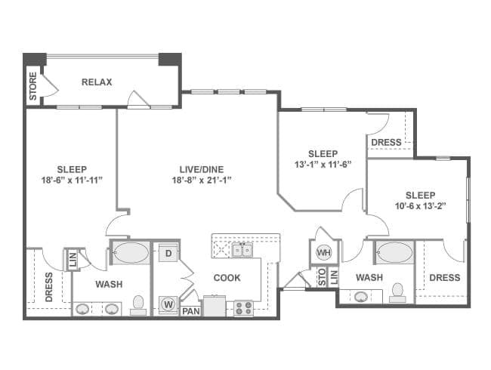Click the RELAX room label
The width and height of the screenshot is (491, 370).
tap(97, 82)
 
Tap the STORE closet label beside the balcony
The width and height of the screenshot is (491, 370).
tap(33, 86)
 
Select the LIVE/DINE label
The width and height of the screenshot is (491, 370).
tap(202, 169)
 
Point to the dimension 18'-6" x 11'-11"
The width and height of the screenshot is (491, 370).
tap(72, 180)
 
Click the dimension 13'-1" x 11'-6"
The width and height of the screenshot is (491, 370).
tap(323, 165)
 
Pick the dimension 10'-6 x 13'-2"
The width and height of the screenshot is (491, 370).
tap(420, 206)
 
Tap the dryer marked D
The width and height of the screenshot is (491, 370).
tap(168, 253)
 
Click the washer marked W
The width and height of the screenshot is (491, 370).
tap(168, 304)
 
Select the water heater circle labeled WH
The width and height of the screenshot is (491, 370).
tap(323, 252)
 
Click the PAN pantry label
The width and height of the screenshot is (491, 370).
tap(191, 311)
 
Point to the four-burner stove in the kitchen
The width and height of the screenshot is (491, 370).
tap(244, 308)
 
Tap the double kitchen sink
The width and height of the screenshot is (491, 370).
tap(242, 251)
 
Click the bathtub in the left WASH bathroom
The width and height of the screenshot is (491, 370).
tap(131, 252)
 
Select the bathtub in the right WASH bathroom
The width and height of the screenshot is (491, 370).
tap(394, 252)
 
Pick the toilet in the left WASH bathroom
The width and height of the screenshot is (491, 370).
tap(138, 305)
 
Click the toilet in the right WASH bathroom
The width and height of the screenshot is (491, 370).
tap(397, 292)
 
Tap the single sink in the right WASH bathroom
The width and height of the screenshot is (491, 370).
tap(361, 297)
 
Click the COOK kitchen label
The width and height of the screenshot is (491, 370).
tap(227, 278)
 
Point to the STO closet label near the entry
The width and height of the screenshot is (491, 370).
tap(322, 276)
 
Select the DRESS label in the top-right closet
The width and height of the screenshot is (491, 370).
tap(386, 143)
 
